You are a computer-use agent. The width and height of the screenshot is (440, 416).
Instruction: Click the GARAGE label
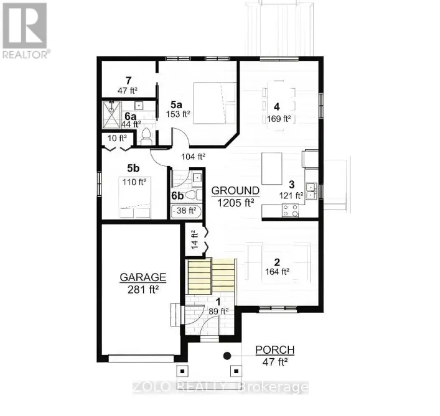pyautogui.click(x=143, y=277)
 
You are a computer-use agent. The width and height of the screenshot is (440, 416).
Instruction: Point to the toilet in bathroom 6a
pyautogui.click(x=147, y=136)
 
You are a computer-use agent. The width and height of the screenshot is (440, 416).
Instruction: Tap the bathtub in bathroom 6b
pyautogui.click(x=187, y=211)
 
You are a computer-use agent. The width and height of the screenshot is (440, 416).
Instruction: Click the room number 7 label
pyautogui.click(x=128, y=80)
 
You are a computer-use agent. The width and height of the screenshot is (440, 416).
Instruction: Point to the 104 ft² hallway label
pyautogui.click(x=194, y=157)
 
